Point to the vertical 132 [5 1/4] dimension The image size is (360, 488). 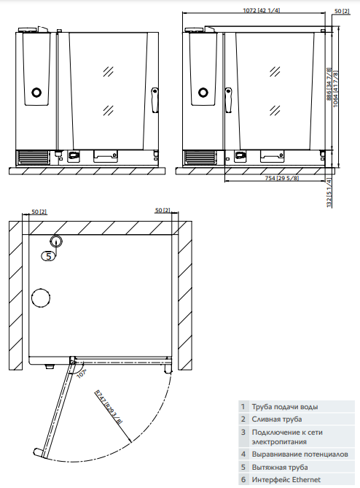click(329, 192)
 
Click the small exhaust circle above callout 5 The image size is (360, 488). click(56, 242)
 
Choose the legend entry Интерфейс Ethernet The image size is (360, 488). click(286, 479)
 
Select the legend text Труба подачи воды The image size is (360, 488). click(284, 407)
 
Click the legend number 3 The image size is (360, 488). click(243, 432)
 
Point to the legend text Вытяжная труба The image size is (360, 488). click(279, 467)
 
